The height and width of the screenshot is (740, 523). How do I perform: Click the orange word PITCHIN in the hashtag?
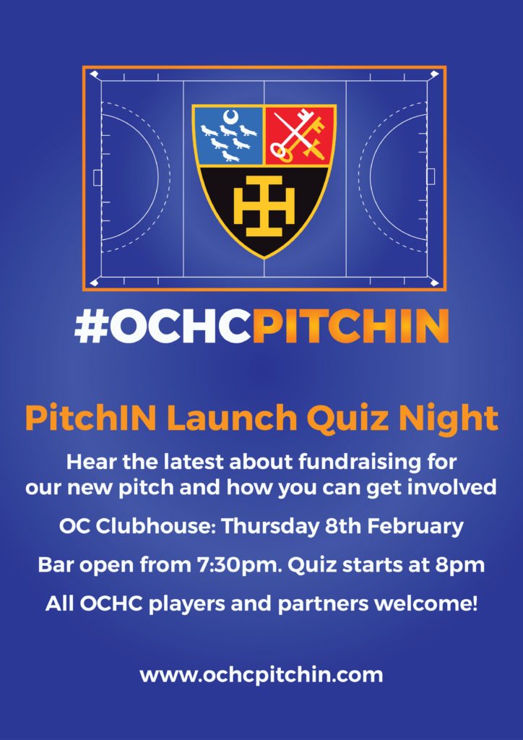(350, 326)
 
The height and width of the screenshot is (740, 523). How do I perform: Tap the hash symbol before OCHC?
(92, 326)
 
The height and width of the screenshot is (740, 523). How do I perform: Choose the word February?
(415, 526)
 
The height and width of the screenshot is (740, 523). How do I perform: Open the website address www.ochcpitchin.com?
(261, 675)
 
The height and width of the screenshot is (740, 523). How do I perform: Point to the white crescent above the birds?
(230, 116)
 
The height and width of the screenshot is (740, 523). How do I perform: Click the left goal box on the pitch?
(97, 178)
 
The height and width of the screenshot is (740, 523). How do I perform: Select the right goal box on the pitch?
(431, 177)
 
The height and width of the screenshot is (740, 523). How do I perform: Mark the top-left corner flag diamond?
(93, 74)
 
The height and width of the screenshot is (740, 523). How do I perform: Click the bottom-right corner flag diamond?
(434, 283)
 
